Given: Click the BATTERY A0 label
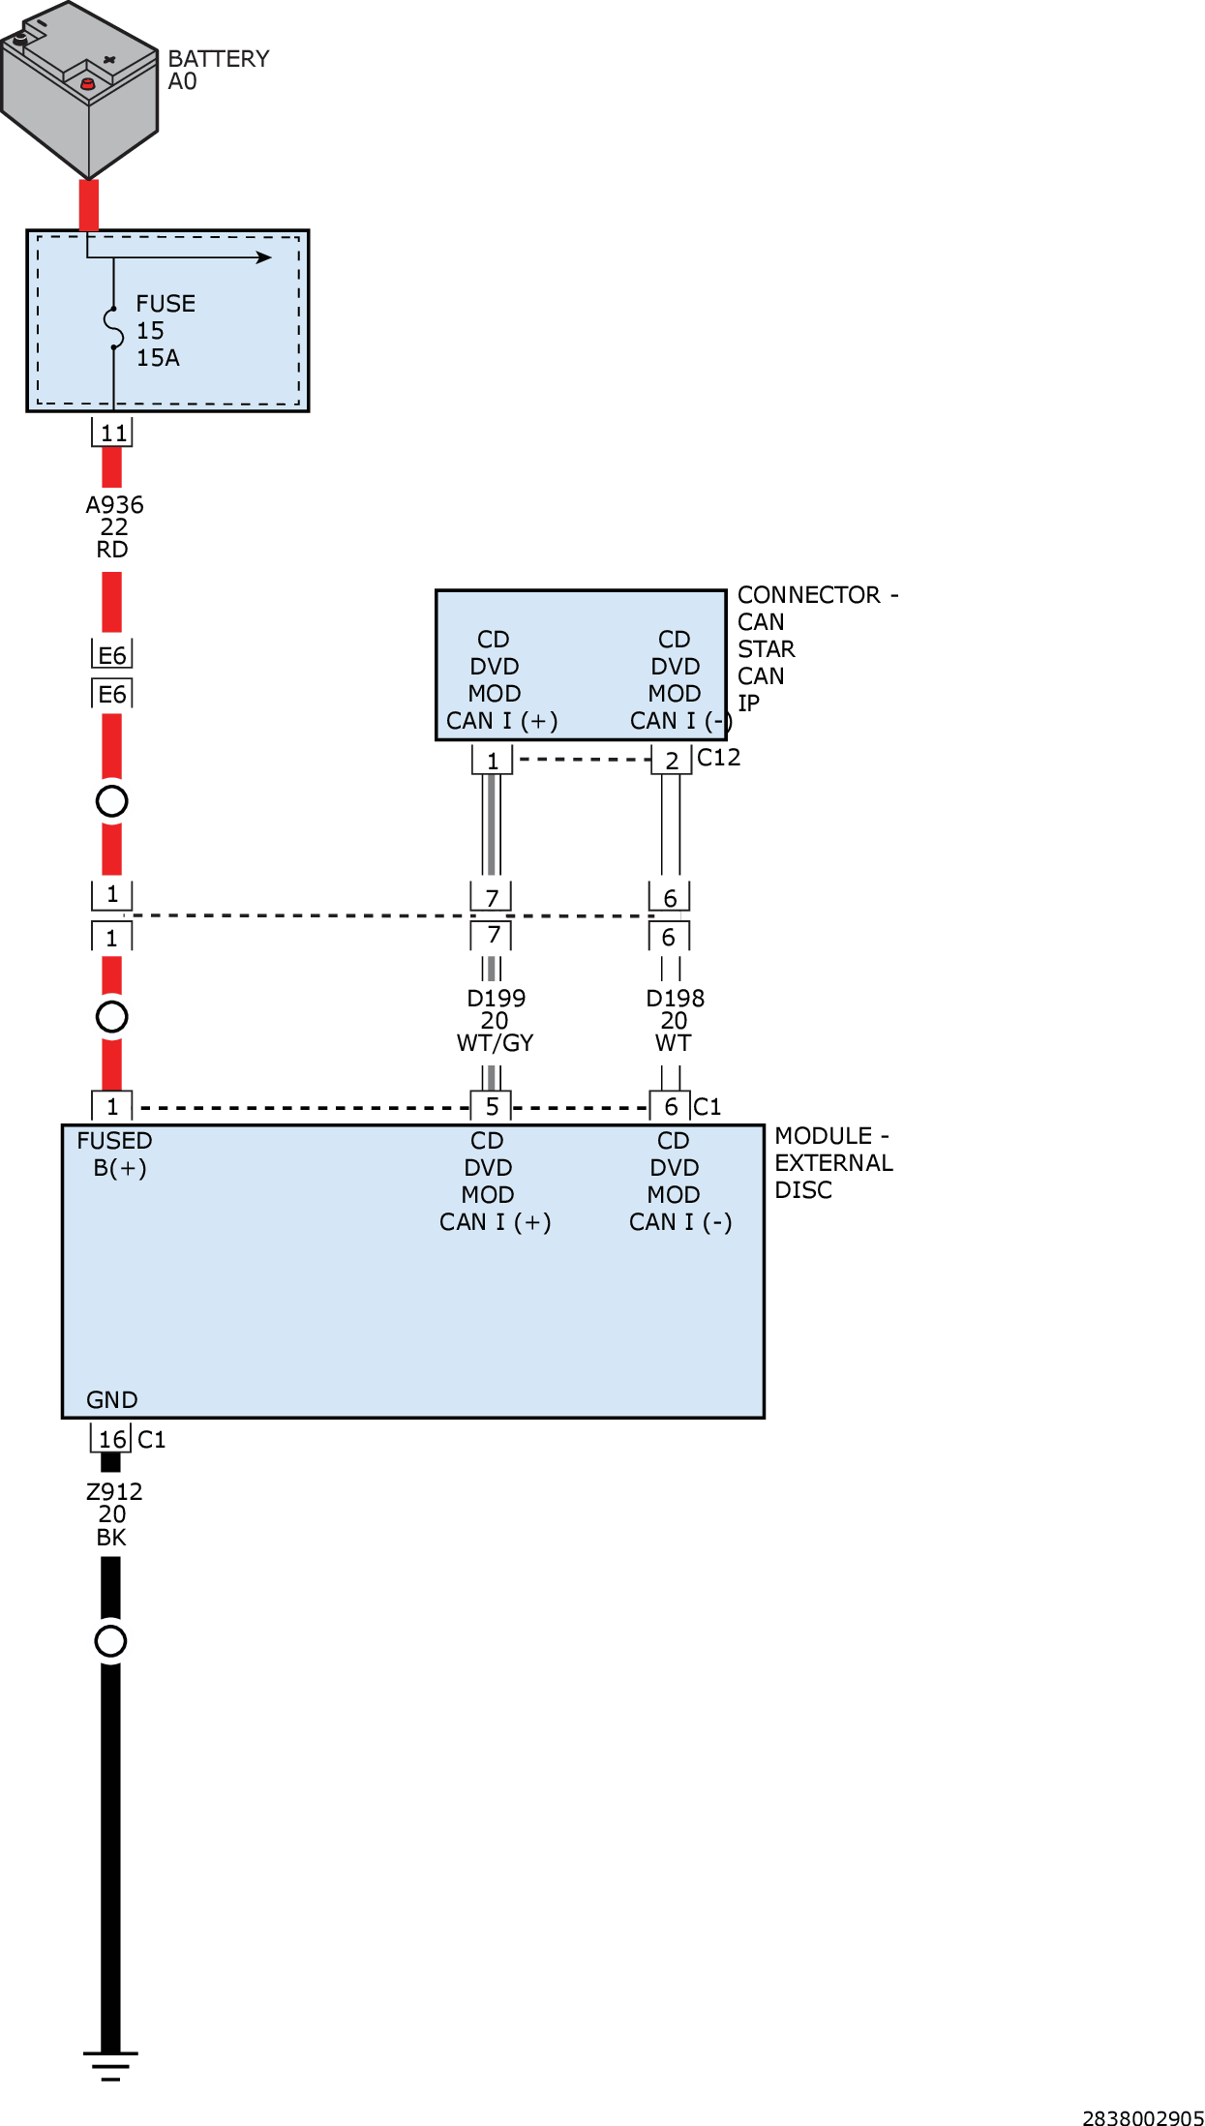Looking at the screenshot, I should pos(217,70).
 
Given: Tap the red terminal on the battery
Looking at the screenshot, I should pos(87,84).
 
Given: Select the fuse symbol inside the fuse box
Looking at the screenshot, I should pos(114,329).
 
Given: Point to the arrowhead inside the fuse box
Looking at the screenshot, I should pos(263,257).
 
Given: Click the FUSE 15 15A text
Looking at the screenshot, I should pos(165,331).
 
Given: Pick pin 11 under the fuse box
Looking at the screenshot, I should pos(112,433).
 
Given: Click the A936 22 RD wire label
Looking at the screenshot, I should pos(113,527).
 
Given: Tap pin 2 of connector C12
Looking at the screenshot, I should pos(671,761).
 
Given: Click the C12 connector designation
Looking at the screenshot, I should pos(718,758).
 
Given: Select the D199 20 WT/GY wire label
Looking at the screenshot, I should pos(495,1021).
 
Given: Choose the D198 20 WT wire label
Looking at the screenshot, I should pos(675,1021).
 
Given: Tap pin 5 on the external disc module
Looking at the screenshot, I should pos(492,1106).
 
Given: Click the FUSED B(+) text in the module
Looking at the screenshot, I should pos(115,1154).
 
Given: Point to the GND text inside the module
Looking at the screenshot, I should pos(112,1400).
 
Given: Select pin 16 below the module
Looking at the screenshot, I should pos(112,1440).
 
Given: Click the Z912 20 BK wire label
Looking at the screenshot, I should pos(112,1514).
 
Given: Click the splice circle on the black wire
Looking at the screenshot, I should pos(111,1641).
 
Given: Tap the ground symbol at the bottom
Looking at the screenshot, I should pos(110,2064).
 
